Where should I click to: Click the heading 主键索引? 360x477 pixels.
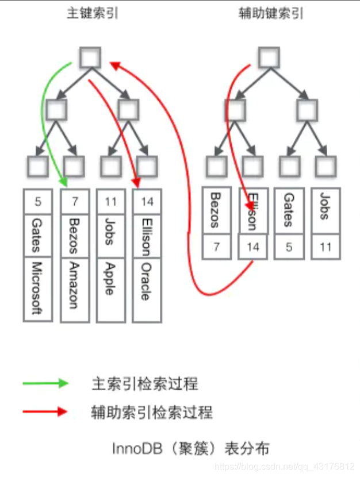point(93,13)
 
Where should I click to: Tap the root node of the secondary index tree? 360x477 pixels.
point(269,57)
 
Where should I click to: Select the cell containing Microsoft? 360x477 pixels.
point(38,288)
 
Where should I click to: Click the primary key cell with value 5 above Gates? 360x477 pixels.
point(38,202)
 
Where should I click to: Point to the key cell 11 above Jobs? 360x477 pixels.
point(111,202)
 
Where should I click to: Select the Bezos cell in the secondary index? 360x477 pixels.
point(216,210)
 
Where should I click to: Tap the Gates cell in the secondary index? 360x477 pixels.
point(289,210)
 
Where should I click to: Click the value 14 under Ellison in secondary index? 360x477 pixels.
point(252,247)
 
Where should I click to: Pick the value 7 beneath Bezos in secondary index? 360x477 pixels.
point(216,247)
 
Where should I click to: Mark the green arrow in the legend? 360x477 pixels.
point(45,383)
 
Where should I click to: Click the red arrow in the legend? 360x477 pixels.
point(45,411)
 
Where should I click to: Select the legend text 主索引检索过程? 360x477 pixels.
point(144,383)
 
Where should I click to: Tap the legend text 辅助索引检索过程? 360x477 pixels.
point(152,411)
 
